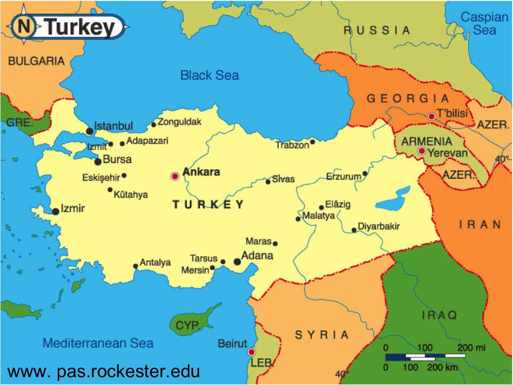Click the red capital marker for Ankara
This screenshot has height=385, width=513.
pos(175,177)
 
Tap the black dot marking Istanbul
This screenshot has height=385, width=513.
pos(89,131)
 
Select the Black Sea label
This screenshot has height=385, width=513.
pos(209,75)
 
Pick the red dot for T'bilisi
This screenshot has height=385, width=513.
pos(431,116)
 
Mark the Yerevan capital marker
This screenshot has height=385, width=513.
pos(422,151)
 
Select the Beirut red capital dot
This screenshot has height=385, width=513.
pos(251,352)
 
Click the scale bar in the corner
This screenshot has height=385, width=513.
pos(425,357)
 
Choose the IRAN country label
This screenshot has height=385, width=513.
pos(480,224)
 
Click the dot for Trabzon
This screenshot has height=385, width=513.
pos(313,142)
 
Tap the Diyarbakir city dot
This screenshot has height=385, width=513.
pos(354,230)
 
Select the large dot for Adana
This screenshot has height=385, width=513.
pos(237,262)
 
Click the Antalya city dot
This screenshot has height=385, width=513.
pos(135,266)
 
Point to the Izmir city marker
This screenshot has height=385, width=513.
pos(56,211)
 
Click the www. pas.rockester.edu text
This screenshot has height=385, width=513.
pos(103,371)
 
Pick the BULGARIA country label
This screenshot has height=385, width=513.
pos(36,61)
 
